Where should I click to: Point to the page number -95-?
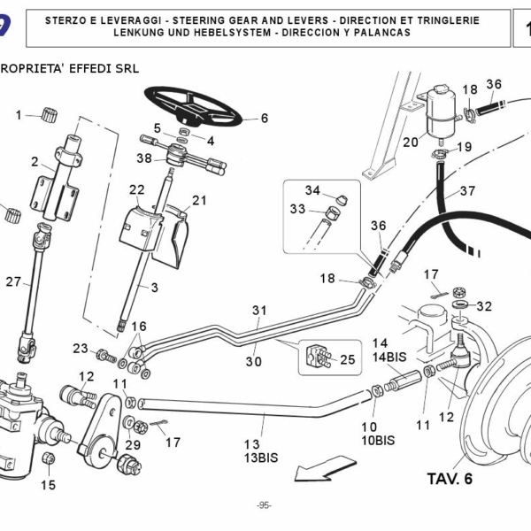click(264, 504)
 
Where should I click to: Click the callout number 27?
click(12, 282)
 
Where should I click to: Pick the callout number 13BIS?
click(261, 458)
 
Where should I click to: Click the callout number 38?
click(145, 158)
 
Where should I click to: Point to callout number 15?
click(48, 484)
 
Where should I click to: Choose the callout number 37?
click(467, 190)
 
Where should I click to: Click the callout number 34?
click(313, 190)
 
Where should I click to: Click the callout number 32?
click(483, 307)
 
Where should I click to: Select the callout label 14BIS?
click(389, 357)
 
